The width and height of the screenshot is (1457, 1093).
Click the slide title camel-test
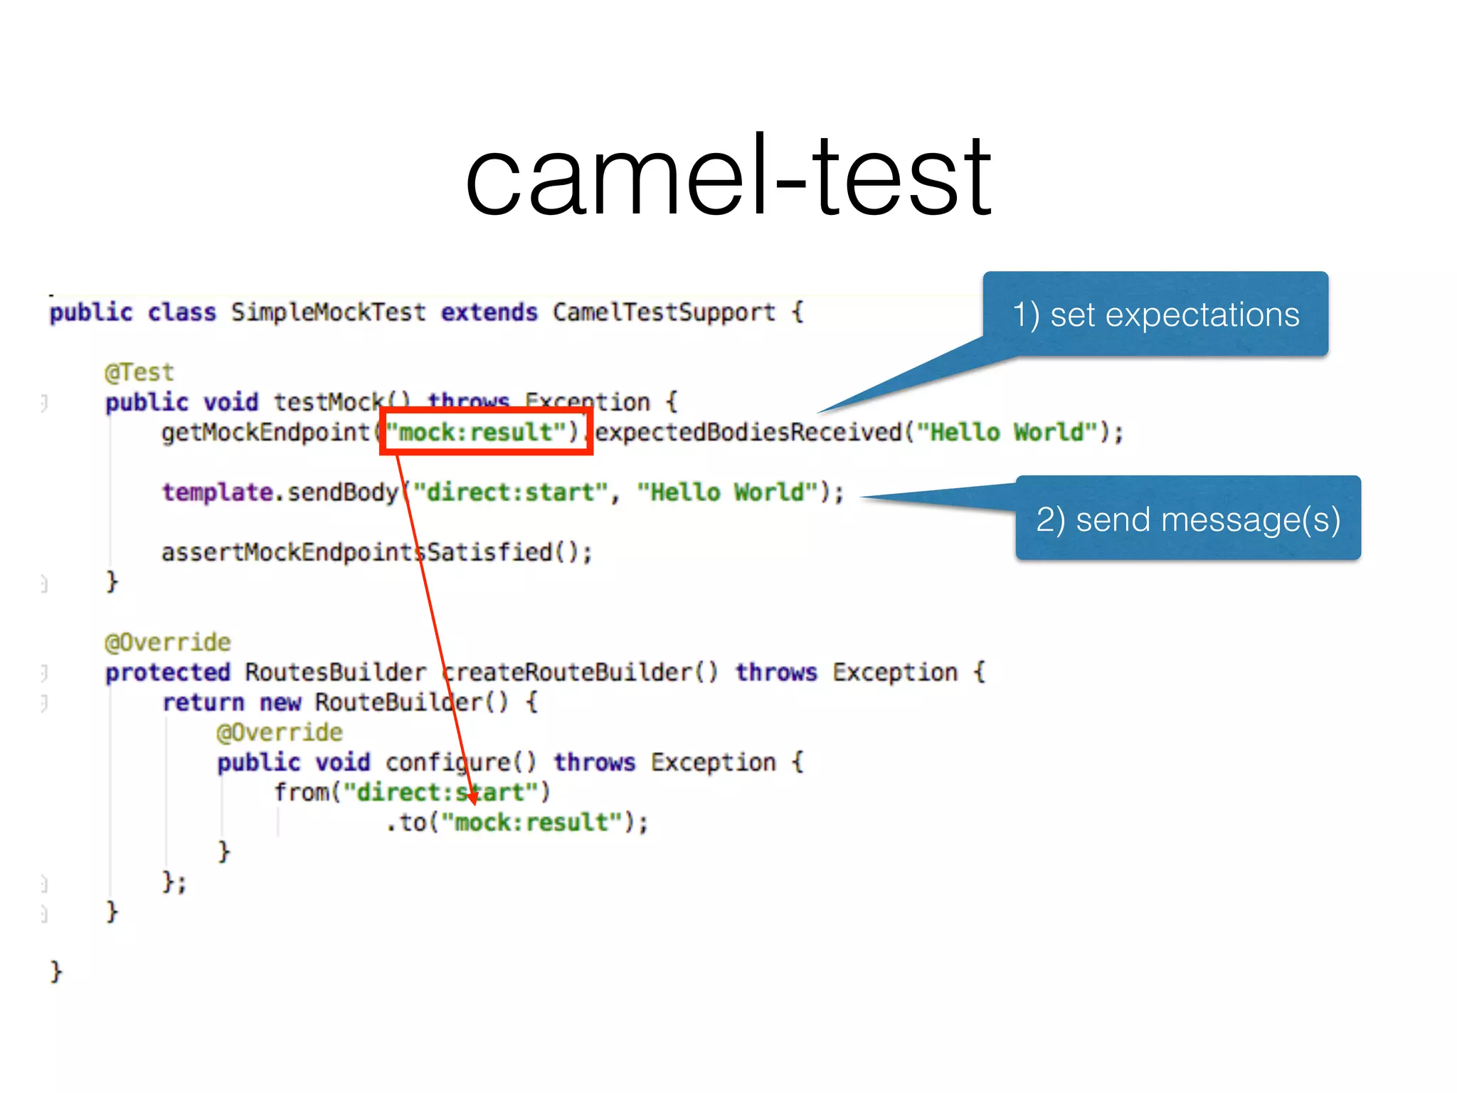[x=728, y=176]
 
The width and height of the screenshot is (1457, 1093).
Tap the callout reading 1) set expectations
[x=1155, y=314]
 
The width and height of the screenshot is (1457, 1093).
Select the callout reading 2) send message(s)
[x=1187, y=519]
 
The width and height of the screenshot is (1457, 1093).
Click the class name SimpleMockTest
[x=328, y=312]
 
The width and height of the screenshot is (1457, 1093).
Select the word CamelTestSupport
[x=663, y=312]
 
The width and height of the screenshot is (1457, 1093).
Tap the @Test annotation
[x=139, y=372]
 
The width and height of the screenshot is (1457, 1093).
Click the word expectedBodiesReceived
[x=748, y=432]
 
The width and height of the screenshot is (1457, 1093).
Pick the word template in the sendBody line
[x=217, y=492]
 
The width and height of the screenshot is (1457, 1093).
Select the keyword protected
[x=168, y=672]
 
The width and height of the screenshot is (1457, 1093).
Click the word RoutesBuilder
[x=335, y=672]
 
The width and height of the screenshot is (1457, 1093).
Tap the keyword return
[x=203, y=702]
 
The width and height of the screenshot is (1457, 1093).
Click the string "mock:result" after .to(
[x=531, y=823]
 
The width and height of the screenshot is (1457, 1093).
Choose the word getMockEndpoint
[x=265, y=432]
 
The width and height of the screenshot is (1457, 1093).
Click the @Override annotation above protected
[x=168, y=643]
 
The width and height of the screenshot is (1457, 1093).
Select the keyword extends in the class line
[x=489, y=312]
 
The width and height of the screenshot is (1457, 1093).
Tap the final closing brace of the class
[x=56, y=971]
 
